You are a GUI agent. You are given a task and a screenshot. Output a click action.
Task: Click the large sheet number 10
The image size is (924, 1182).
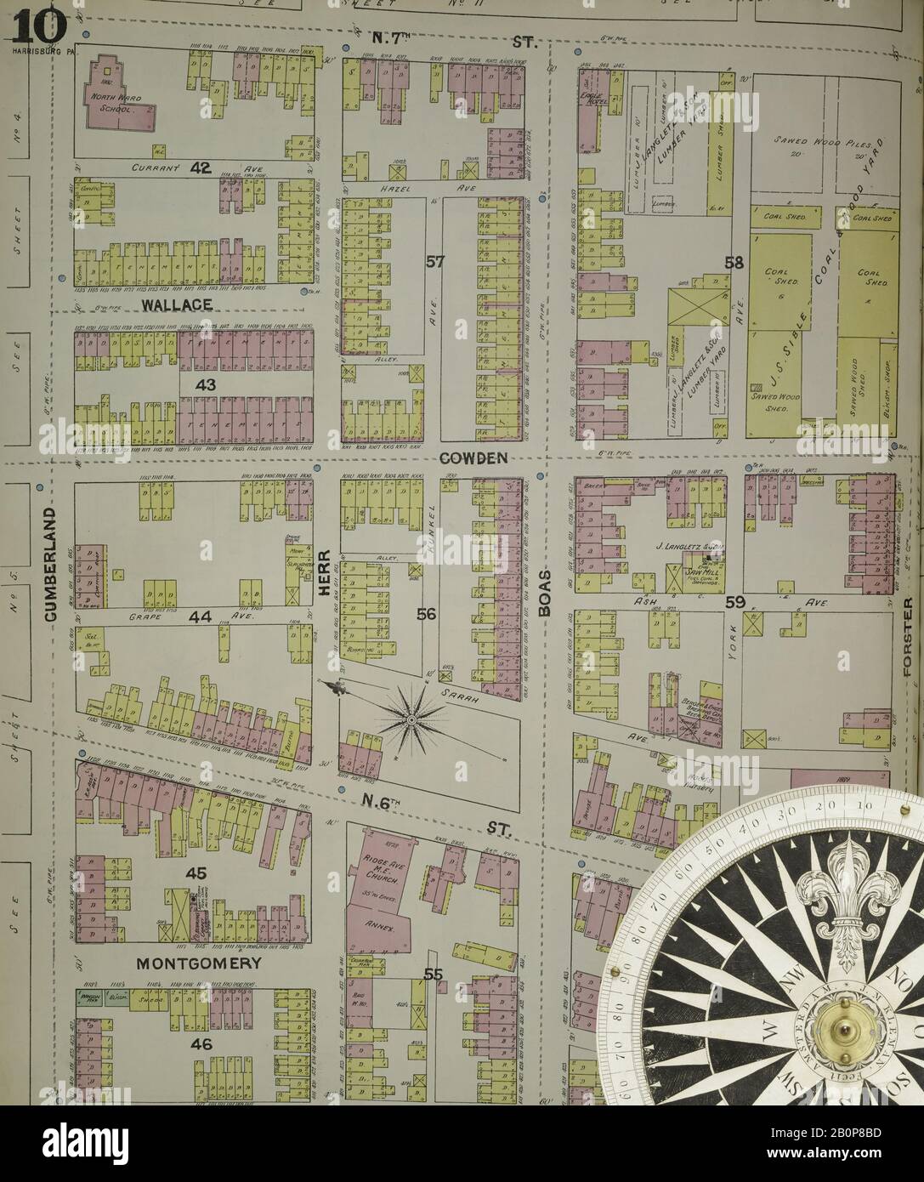click(38, 26)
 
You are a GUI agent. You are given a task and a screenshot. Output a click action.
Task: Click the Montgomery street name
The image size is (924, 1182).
click(187, 963)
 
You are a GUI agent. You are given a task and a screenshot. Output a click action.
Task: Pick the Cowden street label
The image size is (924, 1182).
click(473, 457)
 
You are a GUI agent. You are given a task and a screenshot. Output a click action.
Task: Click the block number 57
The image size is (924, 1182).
click(434, 264)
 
